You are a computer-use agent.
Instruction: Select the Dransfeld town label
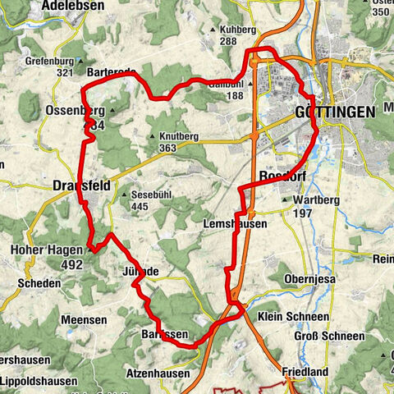tap(80, 185)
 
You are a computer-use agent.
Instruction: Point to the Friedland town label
tap(309, 371)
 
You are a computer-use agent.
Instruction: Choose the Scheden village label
tap(34, 283)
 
